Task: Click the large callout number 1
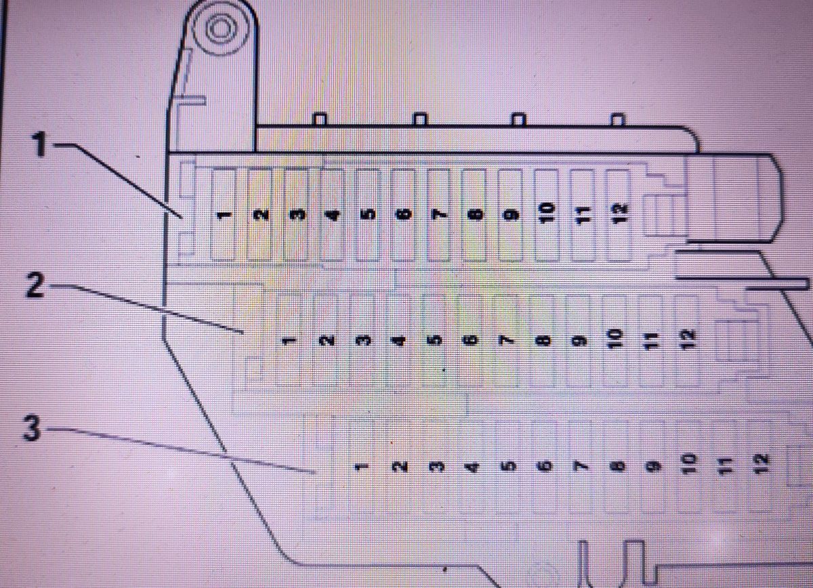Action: point(39,144)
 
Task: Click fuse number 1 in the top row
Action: point(223,215)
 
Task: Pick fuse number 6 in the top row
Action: point(403,215)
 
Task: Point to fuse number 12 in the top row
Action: point(619,215)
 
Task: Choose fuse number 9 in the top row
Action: point(510,215)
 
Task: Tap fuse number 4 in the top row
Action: point(332,215)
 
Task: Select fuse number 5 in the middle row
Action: point(435,341)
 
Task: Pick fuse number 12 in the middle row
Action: point(688,340)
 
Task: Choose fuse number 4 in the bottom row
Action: point(471,467)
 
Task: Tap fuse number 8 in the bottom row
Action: point(618,466)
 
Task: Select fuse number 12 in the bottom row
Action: point(762,465)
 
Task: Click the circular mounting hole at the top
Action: point(220,29)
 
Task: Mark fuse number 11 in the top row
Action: point(583,215)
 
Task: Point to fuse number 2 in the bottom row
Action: point(398,467)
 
